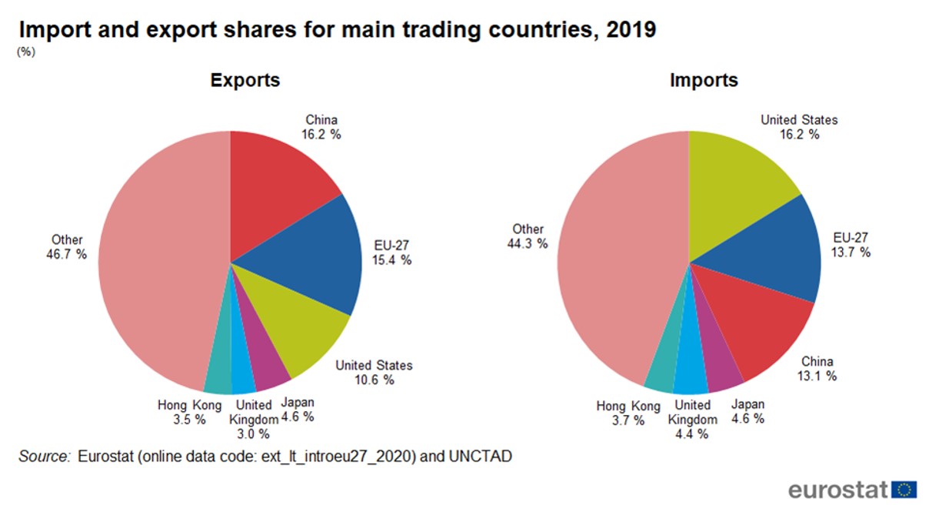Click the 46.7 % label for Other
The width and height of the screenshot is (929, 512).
pos(67,254)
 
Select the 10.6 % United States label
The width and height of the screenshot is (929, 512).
pos(374,380)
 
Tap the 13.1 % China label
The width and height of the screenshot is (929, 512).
pos(817,376)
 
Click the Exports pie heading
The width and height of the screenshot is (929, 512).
pos(245,80)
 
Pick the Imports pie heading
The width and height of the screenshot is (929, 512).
pos(704,80)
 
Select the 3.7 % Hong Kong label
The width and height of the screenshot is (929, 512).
pos(628,420)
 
